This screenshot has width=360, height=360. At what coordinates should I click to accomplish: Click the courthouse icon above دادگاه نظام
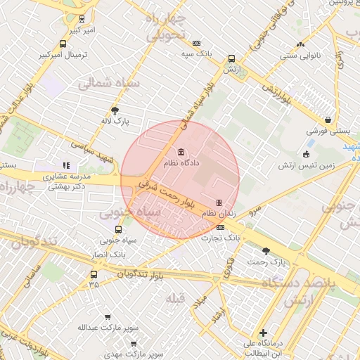click(182, 153)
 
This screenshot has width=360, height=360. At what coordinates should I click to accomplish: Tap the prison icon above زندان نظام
click(219, 202)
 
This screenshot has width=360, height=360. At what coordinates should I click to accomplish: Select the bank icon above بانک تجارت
click(221, 228)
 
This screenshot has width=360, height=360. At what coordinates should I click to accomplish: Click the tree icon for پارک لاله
click(115, 110)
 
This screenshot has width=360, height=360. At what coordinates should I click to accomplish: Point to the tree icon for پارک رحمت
click(266, 251)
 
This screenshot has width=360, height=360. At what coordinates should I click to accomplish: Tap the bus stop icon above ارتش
click(231, 60)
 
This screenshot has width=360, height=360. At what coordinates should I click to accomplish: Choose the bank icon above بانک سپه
click(196, 43)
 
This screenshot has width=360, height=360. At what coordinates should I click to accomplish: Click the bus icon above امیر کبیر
click(83, 20)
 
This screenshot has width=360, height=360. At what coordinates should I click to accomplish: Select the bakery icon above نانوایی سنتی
click(301, 44)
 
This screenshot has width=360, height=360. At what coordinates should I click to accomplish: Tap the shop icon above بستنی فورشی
click(328, 120)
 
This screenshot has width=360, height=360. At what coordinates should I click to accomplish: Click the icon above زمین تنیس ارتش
click(306, 155)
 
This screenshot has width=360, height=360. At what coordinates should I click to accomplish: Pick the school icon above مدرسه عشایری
click(67, 166)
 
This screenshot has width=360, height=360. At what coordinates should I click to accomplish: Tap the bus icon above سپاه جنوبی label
click(118, 229)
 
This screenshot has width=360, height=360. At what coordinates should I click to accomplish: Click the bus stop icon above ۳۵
click(94, 274)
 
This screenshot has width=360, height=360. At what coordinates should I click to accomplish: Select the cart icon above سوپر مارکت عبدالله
click(107, 317)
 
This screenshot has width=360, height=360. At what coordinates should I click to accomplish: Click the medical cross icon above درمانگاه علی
click(263, 333)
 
